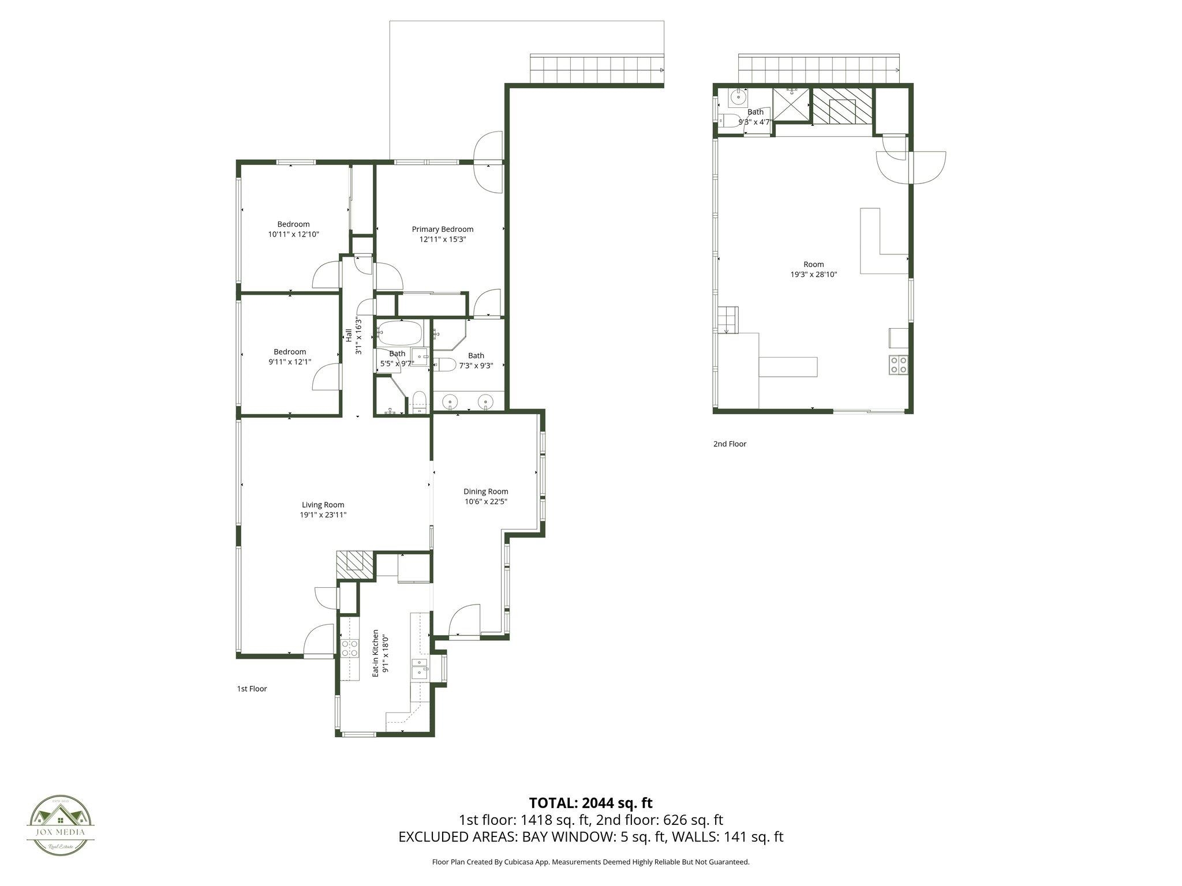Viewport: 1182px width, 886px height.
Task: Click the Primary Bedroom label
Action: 443,229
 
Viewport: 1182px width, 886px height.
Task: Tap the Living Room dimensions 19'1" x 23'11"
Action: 323,515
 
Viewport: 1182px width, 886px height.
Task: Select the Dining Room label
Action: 486,491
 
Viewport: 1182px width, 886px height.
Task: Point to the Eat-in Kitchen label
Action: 376,653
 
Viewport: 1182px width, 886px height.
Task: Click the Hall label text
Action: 349,335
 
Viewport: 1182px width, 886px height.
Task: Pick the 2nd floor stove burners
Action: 898,365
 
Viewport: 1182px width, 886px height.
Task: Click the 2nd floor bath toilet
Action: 730,121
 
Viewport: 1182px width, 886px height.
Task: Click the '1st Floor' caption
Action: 252,689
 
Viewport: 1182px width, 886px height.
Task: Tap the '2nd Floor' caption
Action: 730,444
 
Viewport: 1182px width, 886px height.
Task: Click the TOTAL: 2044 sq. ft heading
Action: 591,802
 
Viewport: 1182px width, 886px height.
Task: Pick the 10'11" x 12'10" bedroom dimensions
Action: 293,234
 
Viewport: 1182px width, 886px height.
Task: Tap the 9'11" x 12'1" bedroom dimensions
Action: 290,362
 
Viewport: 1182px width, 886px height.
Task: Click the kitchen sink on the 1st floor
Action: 420,670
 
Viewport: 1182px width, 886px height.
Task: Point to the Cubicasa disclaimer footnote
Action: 591,862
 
